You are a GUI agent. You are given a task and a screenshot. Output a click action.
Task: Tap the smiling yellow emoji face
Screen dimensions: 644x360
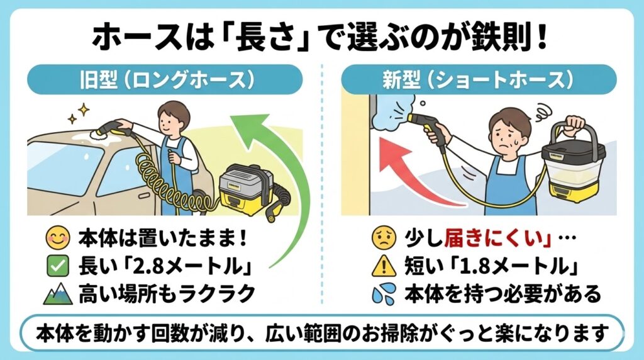[x=58, y=238]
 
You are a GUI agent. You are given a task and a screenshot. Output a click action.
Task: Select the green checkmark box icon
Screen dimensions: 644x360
[x=58, y=267]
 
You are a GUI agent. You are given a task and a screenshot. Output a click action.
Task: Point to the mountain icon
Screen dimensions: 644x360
[x=58, y=293]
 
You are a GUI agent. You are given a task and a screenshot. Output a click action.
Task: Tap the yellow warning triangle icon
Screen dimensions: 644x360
[x=384, y=266]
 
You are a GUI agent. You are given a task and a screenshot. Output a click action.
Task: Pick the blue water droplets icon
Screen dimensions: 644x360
[x=384, y=293]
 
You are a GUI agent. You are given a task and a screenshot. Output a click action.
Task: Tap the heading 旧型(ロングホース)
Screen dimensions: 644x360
[x=166, y=80]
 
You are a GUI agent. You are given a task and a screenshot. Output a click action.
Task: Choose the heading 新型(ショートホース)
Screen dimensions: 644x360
[x=478, y=80]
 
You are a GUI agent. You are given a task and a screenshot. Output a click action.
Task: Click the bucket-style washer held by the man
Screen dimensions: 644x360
[x=574, y=164]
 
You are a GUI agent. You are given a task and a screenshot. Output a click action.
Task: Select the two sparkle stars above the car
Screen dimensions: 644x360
[x=79, y=113]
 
